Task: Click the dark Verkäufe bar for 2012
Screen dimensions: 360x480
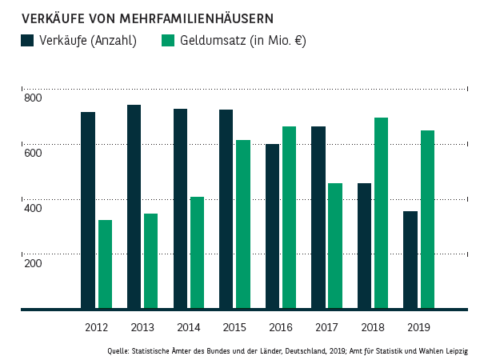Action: coord(88,210)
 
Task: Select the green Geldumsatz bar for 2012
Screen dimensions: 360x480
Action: coord(105,264)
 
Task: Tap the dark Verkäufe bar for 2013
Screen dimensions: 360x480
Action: coord(134,206)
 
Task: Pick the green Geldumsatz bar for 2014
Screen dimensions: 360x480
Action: coord(197,253)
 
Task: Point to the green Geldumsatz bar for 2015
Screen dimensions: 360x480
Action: coord(243,224)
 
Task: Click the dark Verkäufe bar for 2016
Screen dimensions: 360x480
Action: coord(272,226)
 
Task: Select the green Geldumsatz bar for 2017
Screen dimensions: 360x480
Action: coord(335,246)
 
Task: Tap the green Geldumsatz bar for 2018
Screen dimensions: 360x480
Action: coord(382,213)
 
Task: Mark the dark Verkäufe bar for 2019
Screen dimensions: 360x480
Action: coord(410,260)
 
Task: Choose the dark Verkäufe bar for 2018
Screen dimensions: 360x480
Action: coord(364,246)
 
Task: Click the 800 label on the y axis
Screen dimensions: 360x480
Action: coord(32,98)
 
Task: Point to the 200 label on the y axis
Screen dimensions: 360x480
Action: coord(32,262)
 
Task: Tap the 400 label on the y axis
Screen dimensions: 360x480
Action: coord(32,208)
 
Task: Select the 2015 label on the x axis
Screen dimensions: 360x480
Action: coord(234,328)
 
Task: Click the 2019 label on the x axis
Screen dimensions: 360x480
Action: coord(418,328)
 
